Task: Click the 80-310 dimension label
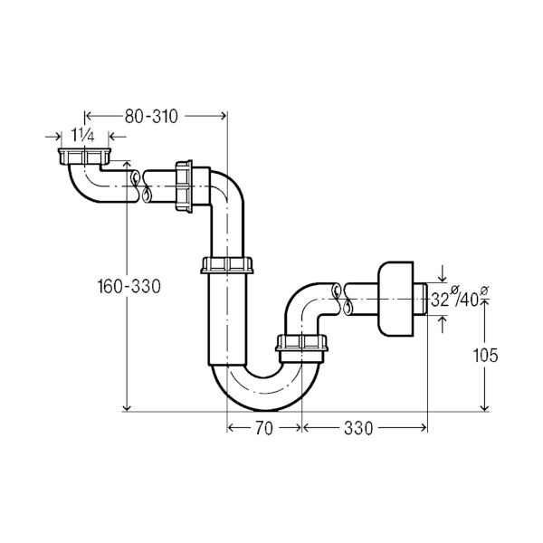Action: tap(151, 115)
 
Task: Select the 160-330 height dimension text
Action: tap(129, 287)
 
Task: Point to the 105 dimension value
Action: tap(486, 356)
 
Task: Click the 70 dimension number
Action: tap(263, 429)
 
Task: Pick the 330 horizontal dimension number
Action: tap(359, 429)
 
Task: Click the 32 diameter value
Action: tap(440, 300)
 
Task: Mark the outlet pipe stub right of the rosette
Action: tap(424, 300)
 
